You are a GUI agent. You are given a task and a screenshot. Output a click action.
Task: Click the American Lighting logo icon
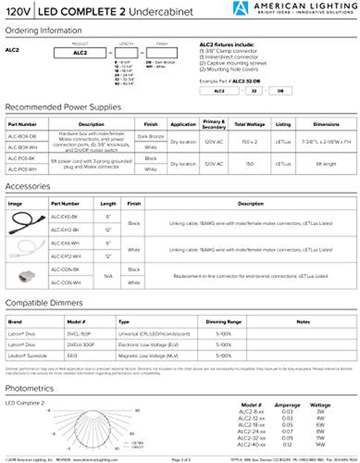(241, 8)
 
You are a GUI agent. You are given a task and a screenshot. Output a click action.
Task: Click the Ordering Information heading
(43, 31)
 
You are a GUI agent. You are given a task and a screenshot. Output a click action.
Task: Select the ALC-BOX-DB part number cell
(22, 136)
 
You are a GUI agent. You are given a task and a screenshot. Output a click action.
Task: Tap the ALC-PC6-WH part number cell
(22, 169)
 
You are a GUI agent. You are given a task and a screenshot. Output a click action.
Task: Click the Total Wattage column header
(250, 124)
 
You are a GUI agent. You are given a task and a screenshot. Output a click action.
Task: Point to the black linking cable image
(27, 223)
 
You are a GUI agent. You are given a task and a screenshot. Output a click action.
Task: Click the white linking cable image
(27, 249)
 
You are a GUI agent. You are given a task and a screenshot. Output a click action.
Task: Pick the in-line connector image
(27, 276)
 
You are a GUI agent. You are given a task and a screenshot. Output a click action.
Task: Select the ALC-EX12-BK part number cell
(65, 230)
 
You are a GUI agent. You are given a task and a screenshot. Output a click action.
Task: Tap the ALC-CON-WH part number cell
(66, 283)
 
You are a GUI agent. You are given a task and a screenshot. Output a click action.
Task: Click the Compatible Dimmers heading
(44, 303)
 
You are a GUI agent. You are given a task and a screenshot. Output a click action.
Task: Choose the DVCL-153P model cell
(79, 334)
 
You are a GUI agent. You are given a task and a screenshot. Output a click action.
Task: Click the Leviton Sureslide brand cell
(28, 356)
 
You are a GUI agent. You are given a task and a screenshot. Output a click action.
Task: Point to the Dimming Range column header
(223, 322)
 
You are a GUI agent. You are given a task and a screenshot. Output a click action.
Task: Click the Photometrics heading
(29, 389)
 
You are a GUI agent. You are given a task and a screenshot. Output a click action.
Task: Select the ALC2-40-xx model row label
(251, 445)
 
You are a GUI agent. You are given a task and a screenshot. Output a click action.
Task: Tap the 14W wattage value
(320, 445)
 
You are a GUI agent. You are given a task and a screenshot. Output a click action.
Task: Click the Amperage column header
(287, 405)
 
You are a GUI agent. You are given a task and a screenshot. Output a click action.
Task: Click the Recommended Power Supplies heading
(63, 107)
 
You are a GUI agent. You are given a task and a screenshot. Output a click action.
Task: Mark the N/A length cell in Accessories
(108, 276)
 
